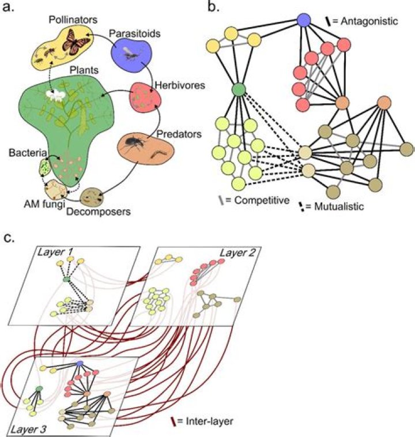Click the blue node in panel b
pos(304,21)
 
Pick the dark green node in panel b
pos(240,90)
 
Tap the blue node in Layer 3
pos(80,363)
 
